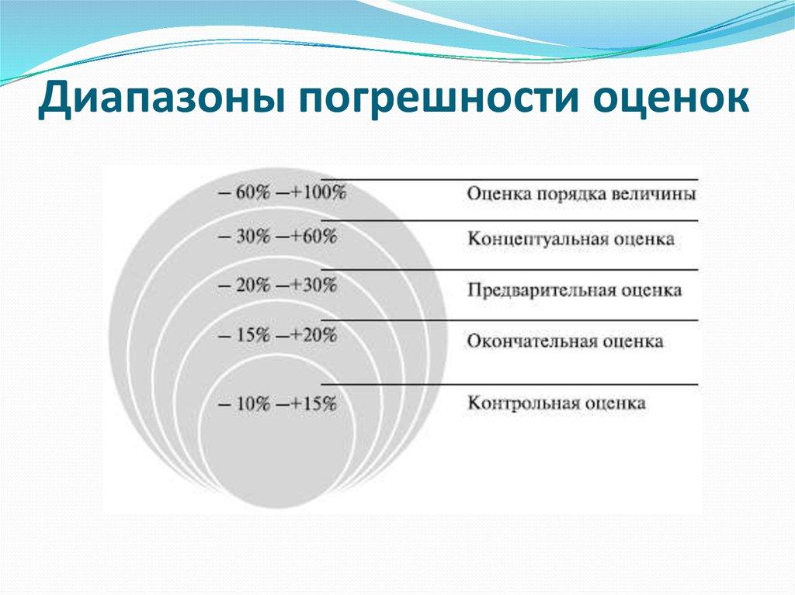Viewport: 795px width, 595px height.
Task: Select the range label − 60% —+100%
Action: [282, 193]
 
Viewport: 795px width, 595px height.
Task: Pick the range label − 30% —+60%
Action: [277, 238]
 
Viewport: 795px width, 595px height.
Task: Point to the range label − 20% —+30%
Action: [277, 285]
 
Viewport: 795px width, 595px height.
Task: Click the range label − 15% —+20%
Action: [277, 336]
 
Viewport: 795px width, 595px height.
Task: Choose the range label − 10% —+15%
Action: [277, 403]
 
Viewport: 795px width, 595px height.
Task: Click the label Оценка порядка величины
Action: [581, 194]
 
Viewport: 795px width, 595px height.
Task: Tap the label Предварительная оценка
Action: [575, 290]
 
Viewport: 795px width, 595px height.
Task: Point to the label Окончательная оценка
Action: [565, 341]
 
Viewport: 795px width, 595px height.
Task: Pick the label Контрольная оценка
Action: [557, 403]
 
